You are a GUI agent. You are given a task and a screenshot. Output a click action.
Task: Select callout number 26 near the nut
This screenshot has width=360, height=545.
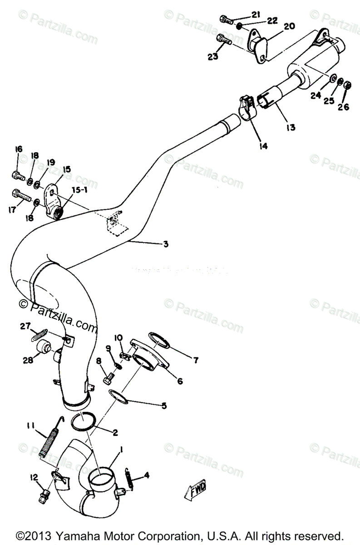click(344, 107)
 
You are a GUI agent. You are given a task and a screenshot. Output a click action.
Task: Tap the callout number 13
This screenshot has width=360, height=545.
click(291, 128)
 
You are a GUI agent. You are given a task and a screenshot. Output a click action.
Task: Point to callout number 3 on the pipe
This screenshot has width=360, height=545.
click(166, 244)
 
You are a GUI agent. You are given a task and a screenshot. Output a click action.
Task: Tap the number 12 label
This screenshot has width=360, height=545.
click(34, 477)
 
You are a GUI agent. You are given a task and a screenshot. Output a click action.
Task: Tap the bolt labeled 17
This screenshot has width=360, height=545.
click(21, 195)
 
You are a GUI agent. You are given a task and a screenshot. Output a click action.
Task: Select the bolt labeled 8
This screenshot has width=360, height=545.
click(108, 377)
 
